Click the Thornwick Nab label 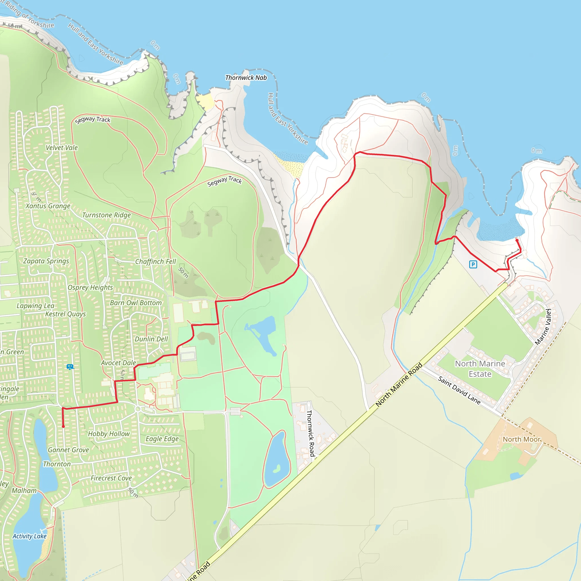tap(246, 77)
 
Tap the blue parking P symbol tap(473, 264)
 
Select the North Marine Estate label tap(480, 369)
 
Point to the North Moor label tap(522, 439)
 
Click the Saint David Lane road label tap(459, 390)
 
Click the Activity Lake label tap(30, 536)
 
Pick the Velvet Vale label tap(62, 148)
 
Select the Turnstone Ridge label tap(106, 215)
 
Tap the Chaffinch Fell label tap(155, 261)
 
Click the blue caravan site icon tap(70, 367)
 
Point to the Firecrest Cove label tap(111, 478)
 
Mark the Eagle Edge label tap(162, 439)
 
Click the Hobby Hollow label tap(109, 434)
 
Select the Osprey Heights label tap(90, 287)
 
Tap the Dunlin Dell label tap(151, 339)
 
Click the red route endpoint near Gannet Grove tap(63, 426)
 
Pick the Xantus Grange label tap(48, 206)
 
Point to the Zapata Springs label tap(46, 261)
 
